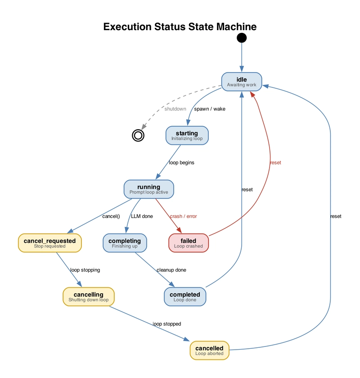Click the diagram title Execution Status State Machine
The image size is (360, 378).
point(180,27)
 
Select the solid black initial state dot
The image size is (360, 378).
point(242,37)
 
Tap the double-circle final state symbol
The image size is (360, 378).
point(138,135)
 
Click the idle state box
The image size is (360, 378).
point(242,82)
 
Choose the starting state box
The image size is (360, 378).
point(187,135)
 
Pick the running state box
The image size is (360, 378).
point(148,189)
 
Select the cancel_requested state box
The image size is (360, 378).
point(49,243)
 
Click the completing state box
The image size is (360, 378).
point(125,243)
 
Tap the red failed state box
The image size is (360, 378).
point(188,243)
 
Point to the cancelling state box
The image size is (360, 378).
point(88,296)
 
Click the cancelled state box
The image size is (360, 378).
point(209,350)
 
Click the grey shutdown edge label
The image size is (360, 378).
point(175,109)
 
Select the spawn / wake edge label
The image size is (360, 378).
point(209,109)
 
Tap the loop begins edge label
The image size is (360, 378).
point(181,163)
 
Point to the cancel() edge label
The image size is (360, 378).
point(111,216)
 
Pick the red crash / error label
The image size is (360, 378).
point(183,216)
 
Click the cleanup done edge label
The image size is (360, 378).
point(171,270)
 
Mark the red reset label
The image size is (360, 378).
point(275,163)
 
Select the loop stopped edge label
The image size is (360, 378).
point(166,323)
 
